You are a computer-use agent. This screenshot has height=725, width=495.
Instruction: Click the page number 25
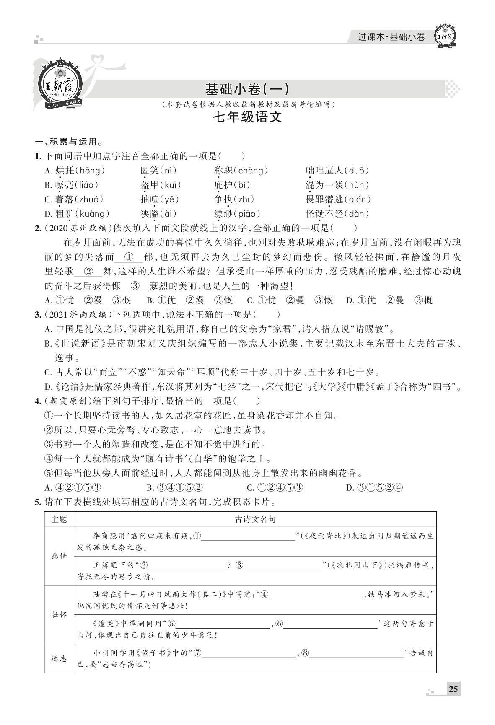[453, 689]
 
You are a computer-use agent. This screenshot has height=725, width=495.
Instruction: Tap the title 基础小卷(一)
[246, 89]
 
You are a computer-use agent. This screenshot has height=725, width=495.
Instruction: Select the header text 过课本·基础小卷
[391, 37]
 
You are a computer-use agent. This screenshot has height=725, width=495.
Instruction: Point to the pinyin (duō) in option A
[359, 171]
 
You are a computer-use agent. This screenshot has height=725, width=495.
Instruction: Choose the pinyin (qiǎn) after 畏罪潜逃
[359, 199]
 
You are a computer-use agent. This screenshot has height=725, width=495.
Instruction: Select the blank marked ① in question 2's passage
[129, 257]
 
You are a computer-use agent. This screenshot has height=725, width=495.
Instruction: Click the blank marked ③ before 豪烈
[135, 286]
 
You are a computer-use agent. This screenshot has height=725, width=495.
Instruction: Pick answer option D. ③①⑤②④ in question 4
[374, 488]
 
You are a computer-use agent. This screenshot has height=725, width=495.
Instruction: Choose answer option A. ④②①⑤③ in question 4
[73, 488]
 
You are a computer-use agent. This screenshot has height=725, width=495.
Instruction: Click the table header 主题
[59, 519]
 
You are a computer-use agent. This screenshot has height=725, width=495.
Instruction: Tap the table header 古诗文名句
[255, 519]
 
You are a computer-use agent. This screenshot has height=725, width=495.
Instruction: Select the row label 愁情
[59, 556]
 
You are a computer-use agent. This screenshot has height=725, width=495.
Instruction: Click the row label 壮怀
[59, 615]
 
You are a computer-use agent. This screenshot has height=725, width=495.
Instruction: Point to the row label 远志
[59, 658]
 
